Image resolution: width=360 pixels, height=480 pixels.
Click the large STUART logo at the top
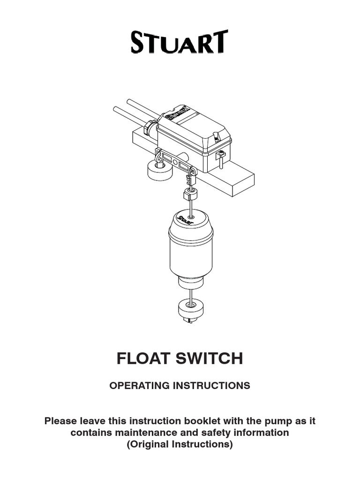[x=180, y=42]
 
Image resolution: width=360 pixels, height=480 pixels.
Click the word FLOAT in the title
[x=143, y=359]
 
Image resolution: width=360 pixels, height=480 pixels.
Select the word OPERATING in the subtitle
[x=140, y=385]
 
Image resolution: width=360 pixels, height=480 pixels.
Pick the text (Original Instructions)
[x=180, y=444]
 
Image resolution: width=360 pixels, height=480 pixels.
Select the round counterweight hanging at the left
[x=160, y=171]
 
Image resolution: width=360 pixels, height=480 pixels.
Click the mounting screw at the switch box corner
[x=221, y=159]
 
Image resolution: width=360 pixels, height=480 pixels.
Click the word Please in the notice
[x=61, y=421]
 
